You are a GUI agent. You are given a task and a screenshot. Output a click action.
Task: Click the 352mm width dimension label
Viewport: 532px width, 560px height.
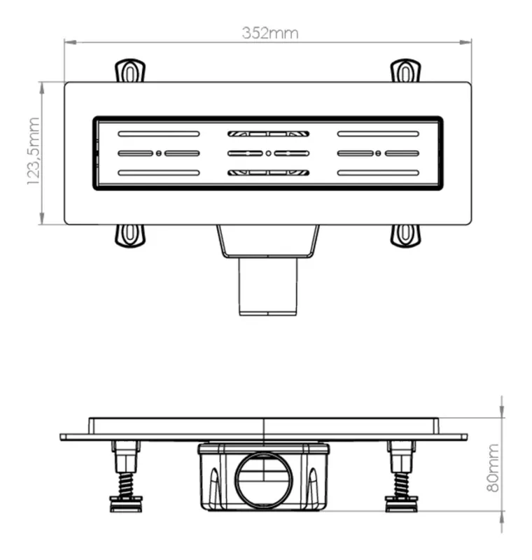(x=270, y=33)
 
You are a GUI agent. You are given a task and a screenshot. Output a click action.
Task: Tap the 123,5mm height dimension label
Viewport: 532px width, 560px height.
(x=33, y=151)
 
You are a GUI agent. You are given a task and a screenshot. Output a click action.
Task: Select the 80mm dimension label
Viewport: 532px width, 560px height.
(x=493, y=468)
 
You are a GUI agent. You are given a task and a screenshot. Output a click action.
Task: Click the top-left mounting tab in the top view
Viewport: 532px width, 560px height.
(x=130, y=71)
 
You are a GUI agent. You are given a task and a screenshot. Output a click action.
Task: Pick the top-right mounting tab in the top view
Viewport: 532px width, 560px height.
(x=405, y=71)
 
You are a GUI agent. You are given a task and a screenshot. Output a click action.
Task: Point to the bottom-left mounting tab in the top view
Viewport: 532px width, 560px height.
(x=130, y=236)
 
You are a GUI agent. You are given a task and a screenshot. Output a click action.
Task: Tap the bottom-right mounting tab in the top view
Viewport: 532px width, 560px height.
(x=405, y=236)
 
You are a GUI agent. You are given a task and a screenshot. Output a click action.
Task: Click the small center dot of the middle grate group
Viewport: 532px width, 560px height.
(x=269, y=153)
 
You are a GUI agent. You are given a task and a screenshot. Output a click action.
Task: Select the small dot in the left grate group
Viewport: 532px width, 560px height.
(x=159, y=153)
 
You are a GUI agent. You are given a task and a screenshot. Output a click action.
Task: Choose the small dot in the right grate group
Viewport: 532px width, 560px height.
(x=378, y=153)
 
